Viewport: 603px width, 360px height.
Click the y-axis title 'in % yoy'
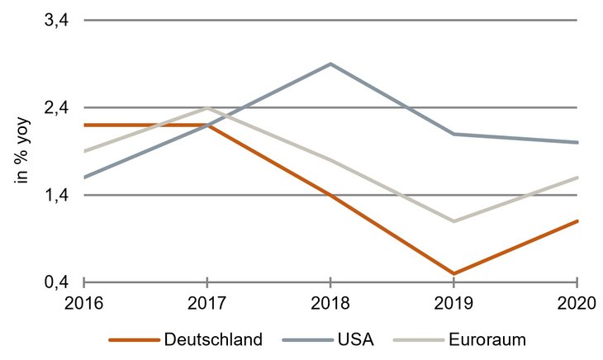coord(24,151)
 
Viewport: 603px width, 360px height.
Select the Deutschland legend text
coord(213,339)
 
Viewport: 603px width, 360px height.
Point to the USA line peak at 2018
coord(330,64)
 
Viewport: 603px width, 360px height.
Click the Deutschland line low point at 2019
coord(453,273)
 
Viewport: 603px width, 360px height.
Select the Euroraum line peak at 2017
coord(207,107)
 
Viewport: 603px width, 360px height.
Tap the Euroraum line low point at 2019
coord(453,221)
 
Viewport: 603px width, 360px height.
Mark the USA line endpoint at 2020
coord(577,142)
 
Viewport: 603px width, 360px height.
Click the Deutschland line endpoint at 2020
coord(577,220)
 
